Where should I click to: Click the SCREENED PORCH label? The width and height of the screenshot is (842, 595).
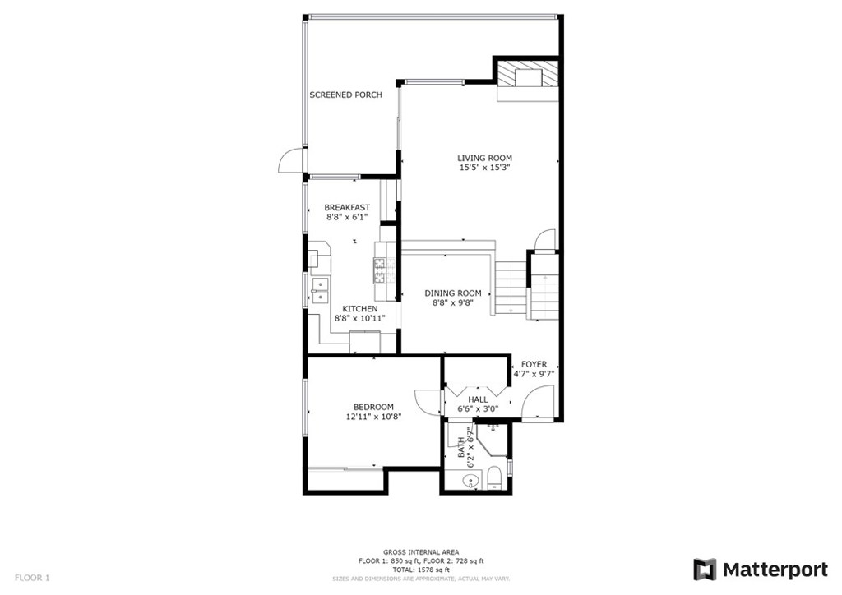(x=346, y=95)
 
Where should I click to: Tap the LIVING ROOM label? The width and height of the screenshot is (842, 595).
(x=484, y=159)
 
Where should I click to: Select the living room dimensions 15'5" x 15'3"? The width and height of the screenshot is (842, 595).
(x=484, y=168)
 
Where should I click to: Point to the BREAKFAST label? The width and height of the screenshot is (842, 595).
(x=347, y=208)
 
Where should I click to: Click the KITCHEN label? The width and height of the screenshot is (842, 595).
(x=360, y=309)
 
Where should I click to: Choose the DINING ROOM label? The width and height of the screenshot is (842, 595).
(x=453, y=293)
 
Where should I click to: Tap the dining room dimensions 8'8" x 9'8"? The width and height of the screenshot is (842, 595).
(x=453, y=302)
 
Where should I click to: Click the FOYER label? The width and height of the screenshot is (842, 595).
(x=534, y=365)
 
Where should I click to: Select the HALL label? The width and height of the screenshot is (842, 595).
(x=478, y=399)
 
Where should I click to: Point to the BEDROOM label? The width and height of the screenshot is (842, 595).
(x=373, y=408)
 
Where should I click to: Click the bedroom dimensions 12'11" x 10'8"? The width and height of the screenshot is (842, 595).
(x=374, y=417)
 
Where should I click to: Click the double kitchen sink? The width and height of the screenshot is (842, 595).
(x=321, y=290)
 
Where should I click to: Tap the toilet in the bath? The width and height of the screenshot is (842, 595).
(x=494, y=477)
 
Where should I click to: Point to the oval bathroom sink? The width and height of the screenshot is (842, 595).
(x=470, y=482)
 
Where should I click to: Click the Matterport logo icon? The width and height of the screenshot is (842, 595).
(x=705, y=570)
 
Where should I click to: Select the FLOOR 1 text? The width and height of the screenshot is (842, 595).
(x=32, y=578)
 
